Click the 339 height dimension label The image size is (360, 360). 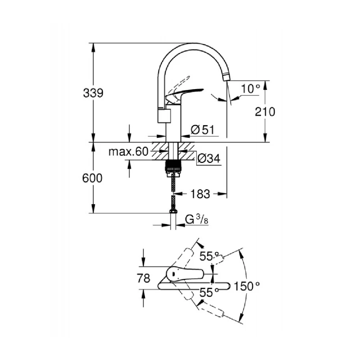(93, 93)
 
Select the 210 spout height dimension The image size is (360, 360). (265, 112)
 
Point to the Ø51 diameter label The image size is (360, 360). (202, 130)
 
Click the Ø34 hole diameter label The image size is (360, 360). (209, 158)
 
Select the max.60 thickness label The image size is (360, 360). (128, 152)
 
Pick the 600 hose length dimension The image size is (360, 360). (93, 178)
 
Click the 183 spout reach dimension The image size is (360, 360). (200, 194)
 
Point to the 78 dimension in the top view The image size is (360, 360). (143, 279)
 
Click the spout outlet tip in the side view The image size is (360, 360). (226, 77)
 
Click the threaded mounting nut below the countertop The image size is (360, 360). (173, 166)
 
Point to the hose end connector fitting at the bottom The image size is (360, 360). (173, 211)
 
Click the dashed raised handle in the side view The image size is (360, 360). (179, 84)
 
